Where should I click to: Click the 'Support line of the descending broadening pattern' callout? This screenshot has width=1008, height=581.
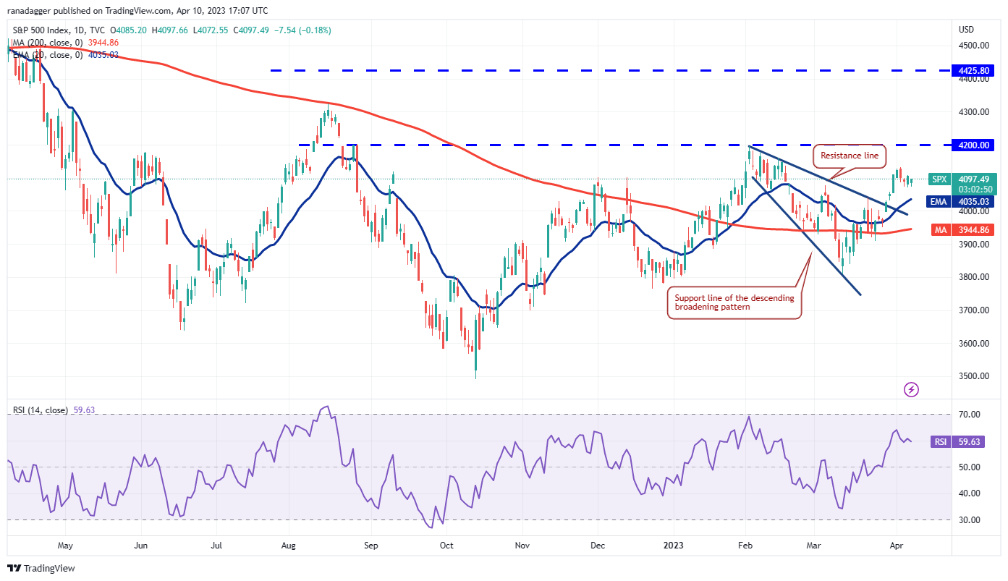[x=734, y=302]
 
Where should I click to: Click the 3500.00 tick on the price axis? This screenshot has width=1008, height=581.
[x=973, y=376]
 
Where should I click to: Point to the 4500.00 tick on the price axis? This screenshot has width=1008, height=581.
[x=973, y=46]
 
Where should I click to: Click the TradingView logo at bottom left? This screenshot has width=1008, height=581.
[x=42, y=569]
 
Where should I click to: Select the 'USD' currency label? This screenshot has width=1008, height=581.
[x=966, y=30]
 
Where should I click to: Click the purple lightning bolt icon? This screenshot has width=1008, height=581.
[x=912, y=390]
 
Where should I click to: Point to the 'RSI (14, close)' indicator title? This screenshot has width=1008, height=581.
[x=41, y=410]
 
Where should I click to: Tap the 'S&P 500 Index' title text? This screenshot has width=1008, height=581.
[x=41, y=30]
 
